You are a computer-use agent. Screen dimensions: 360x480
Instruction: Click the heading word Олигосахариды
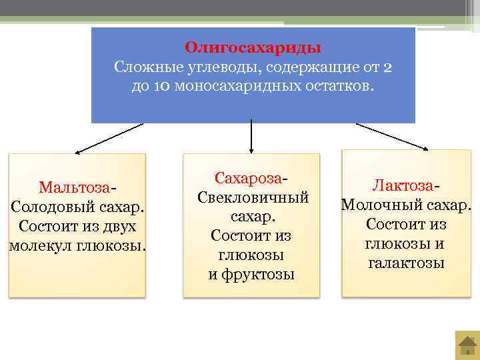click(x=253, y=48)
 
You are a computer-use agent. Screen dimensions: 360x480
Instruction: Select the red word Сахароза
click(x=249, y=178)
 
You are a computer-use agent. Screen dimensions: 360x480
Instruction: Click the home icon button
click(x=467, y=346)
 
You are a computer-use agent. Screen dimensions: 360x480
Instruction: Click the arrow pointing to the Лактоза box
click(x=393, y=136)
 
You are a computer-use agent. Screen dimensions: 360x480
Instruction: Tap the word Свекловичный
click(x=253, y=198)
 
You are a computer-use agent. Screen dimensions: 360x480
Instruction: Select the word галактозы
click(x=406, y=263)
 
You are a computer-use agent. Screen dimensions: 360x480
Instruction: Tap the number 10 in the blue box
click(x=161, y=87)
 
